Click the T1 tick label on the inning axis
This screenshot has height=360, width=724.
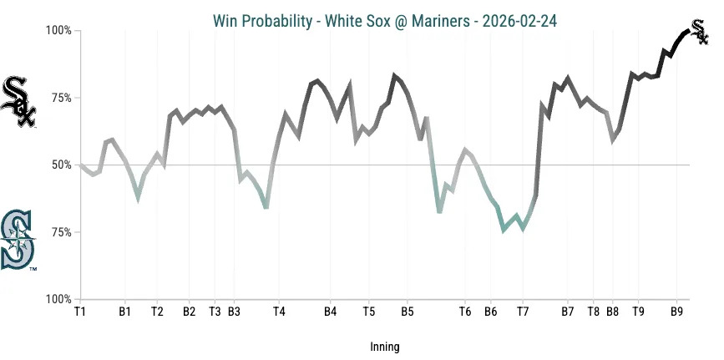[80, 312]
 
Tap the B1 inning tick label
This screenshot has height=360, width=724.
[124, 312]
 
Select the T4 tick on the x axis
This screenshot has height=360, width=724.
[279, 312]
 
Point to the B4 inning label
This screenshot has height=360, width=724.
[330, 312]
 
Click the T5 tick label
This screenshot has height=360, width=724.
[368, 312]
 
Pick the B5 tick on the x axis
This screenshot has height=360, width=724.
[407, 312]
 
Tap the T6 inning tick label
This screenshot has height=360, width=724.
[465, 312]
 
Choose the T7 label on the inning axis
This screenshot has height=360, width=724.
[523, 312]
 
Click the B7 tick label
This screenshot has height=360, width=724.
[568, 312]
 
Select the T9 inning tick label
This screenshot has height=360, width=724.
[638, 312]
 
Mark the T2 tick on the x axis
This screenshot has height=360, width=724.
[157, 312]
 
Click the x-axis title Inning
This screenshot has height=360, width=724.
[384, 346]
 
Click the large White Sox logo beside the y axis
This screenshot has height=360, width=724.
[18, 102]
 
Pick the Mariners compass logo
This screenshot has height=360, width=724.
[18, 241]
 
